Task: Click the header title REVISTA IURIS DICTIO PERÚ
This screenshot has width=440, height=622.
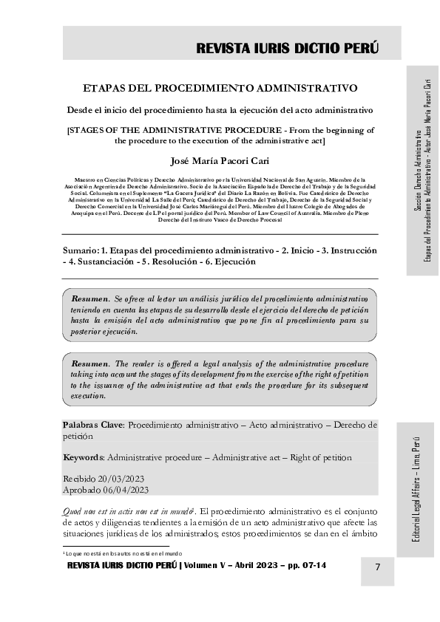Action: [x=287, y=49]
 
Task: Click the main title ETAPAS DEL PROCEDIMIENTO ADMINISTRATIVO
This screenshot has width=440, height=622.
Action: [x=220, y=87]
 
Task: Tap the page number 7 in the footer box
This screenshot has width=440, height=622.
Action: [x=378, y=567]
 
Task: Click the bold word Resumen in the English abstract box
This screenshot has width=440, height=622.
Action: [x=90, y=364]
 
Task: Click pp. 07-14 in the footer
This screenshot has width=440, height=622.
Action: [x=301, y=566]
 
